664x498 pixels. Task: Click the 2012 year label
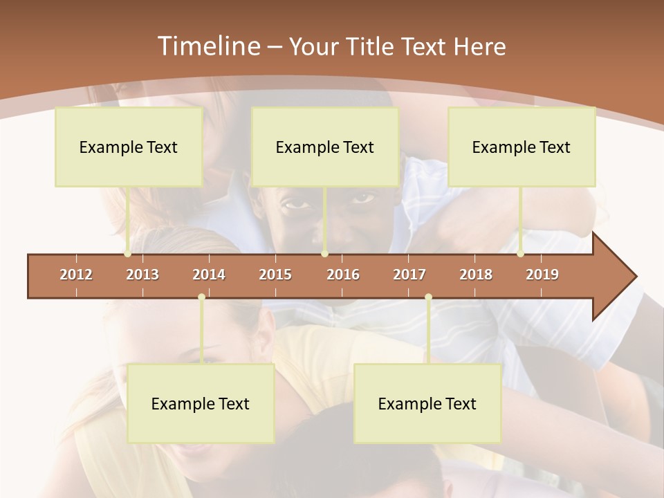click(x=76, y=275)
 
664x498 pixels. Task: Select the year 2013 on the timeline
click(x=142, y=275)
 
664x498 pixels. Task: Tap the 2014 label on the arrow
click(x=209, y=275)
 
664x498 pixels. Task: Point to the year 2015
click(x=275, y=275)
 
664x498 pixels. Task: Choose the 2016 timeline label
click(x=343, y=275)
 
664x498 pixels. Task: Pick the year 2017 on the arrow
click(x=409, y=275)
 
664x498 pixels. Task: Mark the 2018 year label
click(x=476, y=275)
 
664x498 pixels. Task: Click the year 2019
click(x=542, y=275)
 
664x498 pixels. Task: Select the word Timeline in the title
click(x=207, y=46)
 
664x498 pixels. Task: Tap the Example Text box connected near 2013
click(x=129, y=147)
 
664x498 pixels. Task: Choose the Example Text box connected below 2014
click(x=201, y=403)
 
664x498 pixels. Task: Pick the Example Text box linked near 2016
click(x=325, y=147)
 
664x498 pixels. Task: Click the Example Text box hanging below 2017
click(x=427, y=403)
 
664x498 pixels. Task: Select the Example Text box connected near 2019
click(x=522, y=147)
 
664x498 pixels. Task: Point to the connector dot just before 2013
click(x=128, y=254)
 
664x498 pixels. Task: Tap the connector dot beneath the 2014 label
click(x=201, y=297)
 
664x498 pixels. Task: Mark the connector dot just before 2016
click(x=324, y=254)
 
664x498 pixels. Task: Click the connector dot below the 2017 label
click(x=428, y=297)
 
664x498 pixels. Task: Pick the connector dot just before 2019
click(x=521, y=254)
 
